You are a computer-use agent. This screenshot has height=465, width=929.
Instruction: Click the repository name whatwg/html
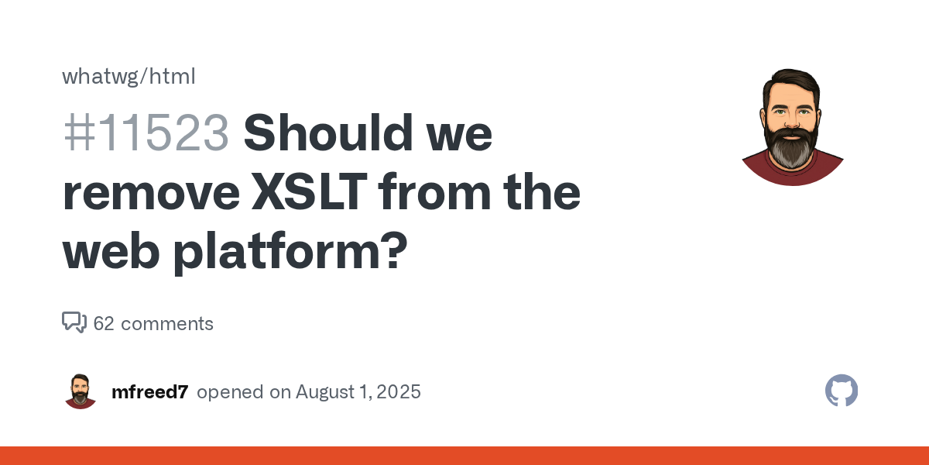(x=129, y=77)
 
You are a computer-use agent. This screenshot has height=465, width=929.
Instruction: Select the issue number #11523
(x=146, y=133)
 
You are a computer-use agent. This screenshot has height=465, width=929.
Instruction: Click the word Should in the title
(x=328, y=133)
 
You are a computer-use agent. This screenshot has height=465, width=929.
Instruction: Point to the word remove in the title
(x=152, y=193)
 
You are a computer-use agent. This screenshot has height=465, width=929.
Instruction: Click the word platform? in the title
(x=290, y=252)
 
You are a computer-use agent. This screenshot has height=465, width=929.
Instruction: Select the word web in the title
(x=111, y=251)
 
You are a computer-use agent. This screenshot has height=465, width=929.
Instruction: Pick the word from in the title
(x=434, y=191)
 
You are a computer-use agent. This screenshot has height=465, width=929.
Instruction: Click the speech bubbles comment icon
(x=74, y=322)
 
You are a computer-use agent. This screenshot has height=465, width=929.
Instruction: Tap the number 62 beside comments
(x=104, y=323)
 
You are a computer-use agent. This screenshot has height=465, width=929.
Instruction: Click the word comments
(x=167, y=324)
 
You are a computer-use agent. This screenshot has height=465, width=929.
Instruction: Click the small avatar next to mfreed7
(x=81, y=391)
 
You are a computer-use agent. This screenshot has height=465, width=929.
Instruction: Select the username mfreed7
(x=150, y=392)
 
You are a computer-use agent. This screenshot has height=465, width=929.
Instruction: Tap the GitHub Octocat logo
(x=842, y=391)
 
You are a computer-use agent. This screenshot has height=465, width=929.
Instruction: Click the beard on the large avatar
(x=791, y=147)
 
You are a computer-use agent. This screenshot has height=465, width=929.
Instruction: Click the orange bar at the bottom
(x=464, y=456)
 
